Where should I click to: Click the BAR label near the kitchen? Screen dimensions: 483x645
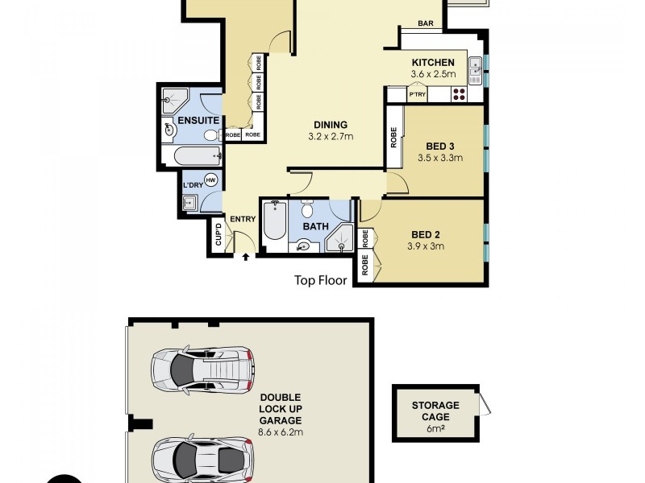427,24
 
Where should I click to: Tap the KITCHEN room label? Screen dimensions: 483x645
433,63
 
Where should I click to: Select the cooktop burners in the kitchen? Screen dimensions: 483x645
459,94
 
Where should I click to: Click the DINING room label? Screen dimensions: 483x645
331,125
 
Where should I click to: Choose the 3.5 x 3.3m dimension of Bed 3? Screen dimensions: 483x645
440,158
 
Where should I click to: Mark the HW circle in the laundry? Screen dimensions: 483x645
211,180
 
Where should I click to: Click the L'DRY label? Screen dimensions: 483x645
193,186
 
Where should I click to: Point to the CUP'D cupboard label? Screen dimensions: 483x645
218,236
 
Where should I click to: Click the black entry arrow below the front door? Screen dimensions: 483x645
246,257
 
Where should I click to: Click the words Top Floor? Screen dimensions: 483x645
320,281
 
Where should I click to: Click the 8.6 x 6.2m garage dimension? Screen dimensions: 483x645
281,431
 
